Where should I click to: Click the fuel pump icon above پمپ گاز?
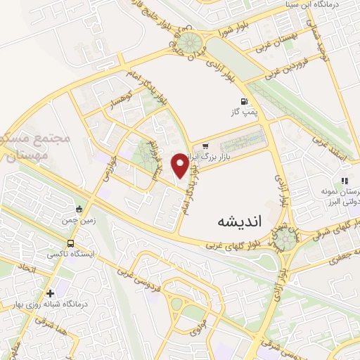(243, 101)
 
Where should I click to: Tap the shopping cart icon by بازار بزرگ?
(205, 147)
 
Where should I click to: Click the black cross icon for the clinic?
(49, 292)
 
